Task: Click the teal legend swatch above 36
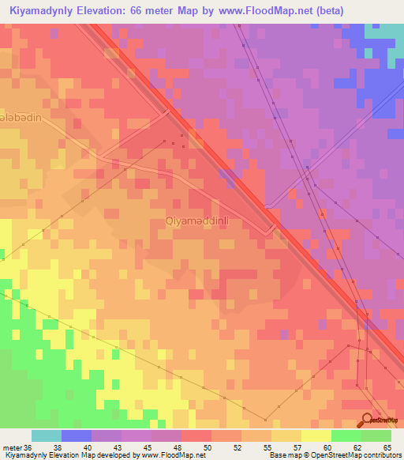[46, 435]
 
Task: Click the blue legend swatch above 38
[76, 435]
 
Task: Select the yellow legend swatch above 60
[316, 435]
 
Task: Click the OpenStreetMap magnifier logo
[368, 419]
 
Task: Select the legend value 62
[357, 447]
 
